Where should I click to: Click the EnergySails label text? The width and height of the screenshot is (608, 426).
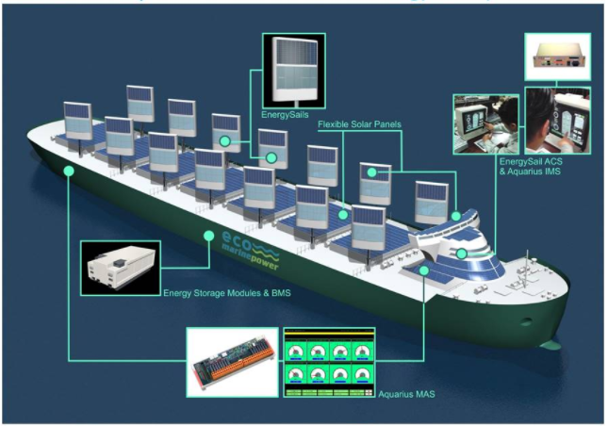[287, 115]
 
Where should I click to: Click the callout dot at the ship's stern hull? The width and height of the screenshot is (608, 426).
[68, 171]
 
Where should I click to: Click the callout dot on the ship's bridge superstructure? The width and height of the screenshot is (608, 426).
[462, 254]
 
